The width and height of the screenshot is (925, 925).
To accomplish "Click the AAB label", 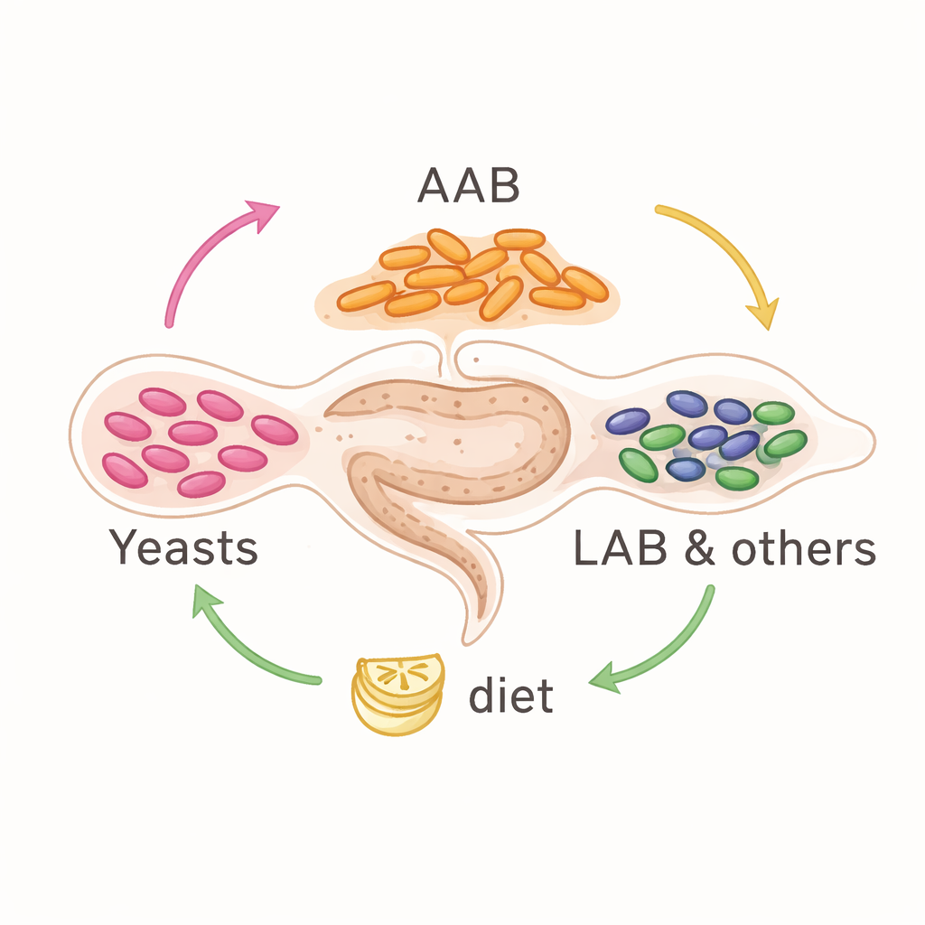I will coord(468,186).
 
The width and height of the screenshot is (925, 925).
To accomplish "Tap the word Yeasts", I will coord(183,548).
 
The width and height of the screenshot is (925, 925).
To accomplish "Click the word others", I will coord(805,548).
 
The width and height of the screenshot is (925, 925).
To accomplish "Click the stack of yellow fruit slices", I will coord(397,694).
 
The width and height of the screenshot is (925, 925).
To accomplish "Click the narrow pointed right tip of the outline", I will coord(871,440).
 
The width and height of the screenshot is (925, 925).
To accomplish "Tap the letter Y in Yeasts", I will coord(122,547).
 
